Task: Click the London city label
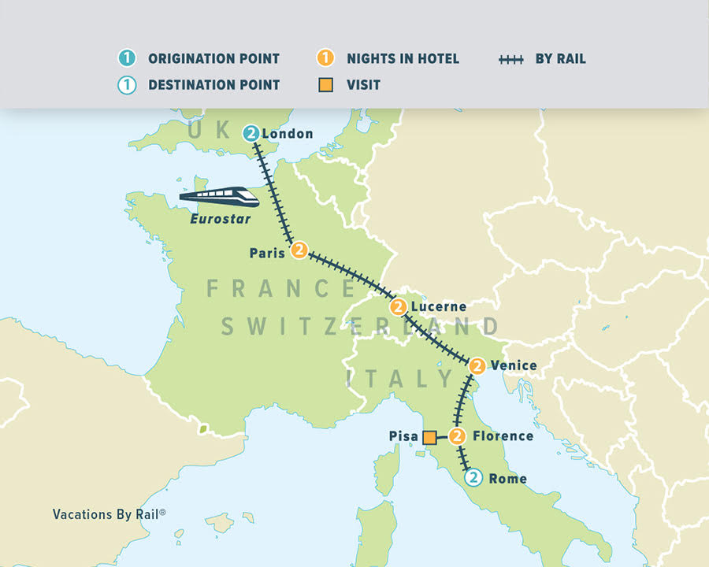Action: [x=288, y=134]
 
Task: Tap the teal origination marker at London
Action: [x=251, y=133]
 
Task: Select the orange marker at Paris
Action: [x=299, y=250]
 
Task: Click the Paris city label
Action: [x=266, y=254]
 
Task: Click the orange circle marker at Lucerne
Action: [x=399, y=306]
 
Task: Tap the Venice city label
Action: [x=513, y=365]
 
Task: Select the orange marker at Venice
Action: [x=477, y=365]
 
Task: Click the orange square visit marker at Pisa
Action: [x=430, y=437]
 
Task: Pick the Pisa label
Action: [x=403, y=436]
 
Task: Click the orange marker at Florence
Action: [x=458, y=435]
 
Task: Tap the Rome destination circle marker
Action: [x=472, y=477]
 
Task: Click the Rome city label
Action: [x=507, y=479]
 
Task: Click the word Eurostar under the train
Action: [x=214, y=219]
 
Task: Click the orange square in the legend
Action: [x=325, y=84]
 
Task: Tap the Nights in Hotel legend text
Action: [x=403, y=59]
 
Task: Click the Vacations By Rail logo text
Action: [x=109, y=514]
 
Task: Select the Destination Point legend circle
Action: [x=127, y=84]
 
